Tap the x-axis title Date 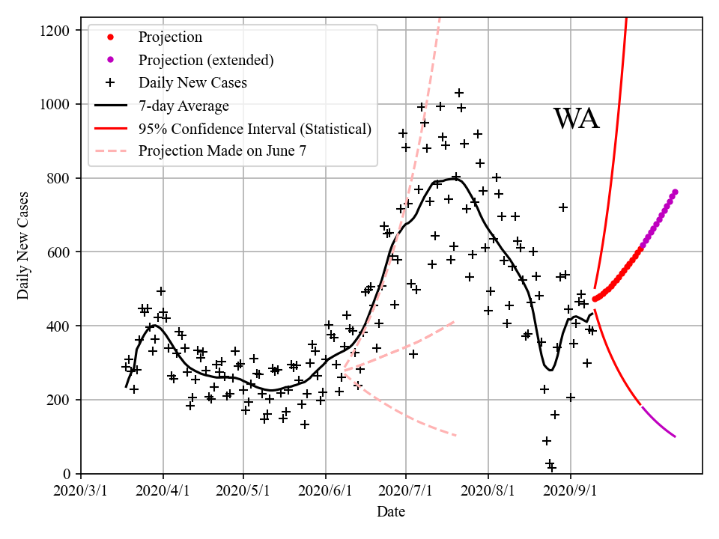coord(391,512)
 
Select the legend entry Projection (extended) coord(206,60)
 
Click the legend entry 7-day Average coord(183,106)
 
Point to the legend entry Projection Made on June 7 coord(222,151)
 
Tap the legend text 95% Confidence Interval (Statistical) coord(255,129)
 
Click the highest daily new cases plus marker coord(459,94)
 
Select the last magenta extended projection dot coord(675,192)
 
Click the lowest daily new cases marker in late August coord(552,468)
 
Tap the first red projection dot coord(595,299)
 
